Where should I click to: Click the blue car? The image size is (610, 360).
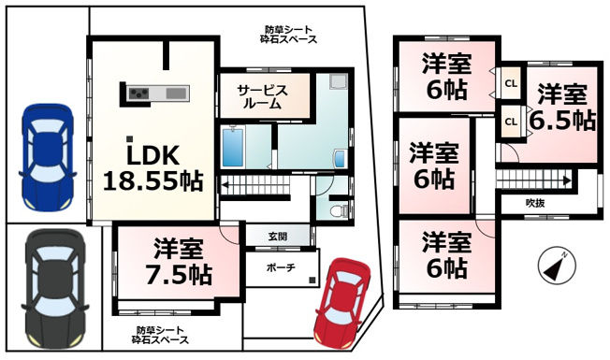47,157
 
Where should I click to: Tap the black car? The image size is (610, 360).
55,288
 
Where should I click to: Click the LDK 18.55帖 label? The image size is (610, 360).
152,168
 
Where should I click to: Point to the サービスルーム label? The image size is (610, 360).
263,97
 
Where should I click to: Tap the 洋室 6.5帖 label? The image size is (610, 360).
562,108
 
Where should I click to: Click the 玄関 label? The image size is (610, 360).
278,236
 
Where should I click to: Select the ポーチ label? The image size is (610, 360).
281,267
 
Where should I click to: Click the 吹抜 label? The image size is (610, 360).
535,203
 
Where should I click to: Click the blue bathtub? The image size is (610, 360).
233,148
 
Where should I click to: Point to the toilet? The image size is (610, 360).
340,211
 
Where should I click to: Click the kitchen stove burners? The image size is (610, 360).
139,93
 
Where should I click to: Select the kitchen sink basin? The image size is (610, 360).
176,94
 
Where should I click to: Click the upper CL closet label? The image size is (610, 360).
511,83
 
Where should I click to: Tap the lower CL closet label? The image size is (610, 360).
511,122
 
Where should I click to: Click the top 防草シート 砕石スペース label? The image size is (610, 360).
288,35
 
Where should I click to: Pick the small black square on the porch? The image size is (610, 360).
312,280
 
